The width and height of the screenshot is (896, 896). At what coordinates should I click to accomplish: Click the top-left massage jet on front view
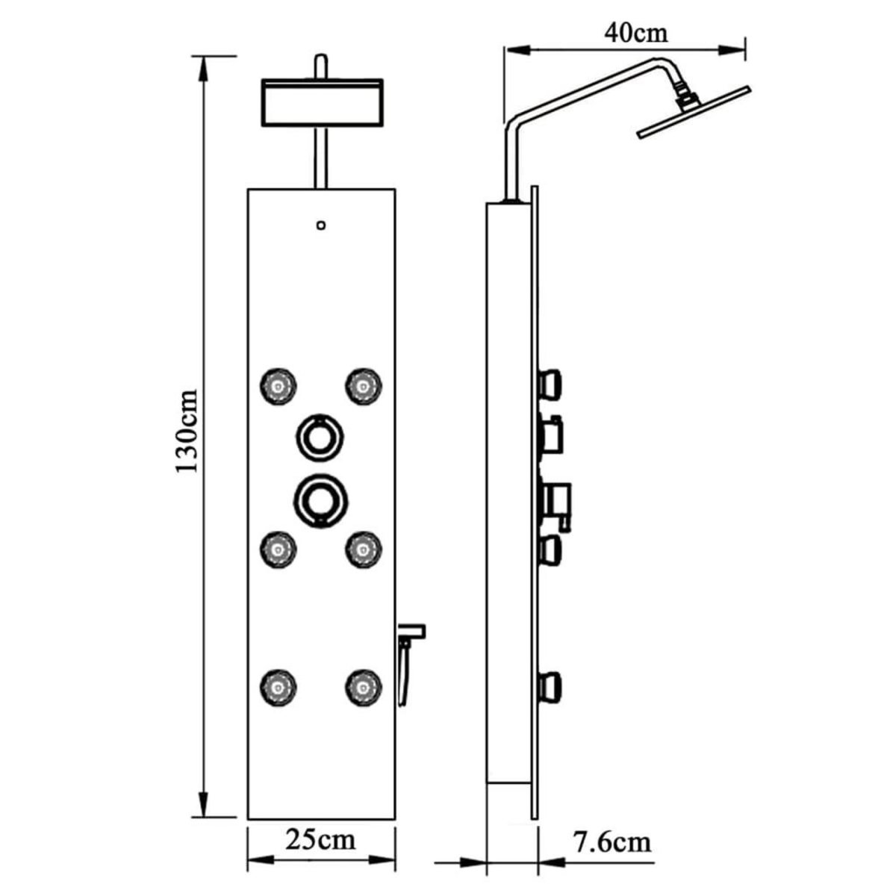[x=279, y=385]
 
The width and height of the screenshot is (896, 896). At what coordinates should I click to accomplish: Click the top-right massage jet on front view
[x=363, y=385]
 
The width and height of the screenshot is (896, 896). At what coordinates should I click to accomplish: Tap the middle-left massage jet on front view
[x=279, y=550]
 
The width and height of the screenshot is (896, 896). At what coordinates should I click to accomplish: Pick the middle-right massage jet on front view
[x=363, y=550]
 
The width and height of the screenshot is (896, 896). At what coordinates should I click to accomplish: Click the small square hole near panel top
[x=321, y=223]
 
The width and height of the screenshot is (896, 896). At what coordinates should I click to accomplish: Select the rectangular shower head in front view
[x=321, y=102]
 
